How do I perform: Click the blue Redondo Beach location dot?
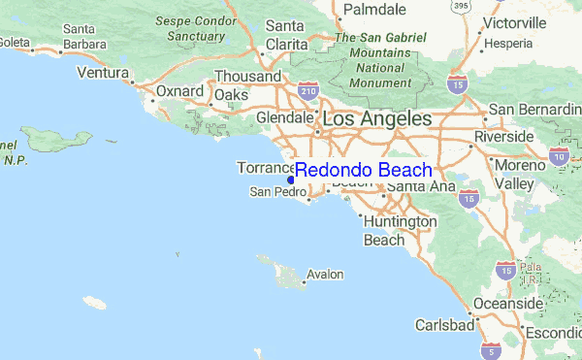point(291,179)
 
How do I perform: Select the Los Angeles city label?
point(376,118)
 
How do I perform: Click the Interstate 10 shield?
point(558,155)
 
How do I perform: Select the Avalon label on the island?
point(325,275)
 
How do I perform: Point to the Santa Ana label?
point(422,186)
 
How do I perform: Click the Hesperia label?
point(509,44)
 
